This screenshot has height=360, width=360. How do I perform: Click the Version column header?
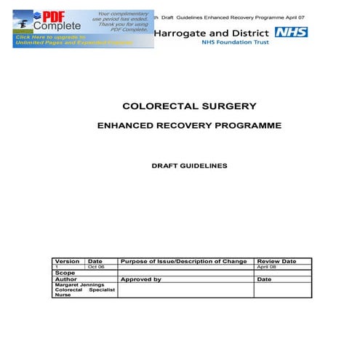point(68,261)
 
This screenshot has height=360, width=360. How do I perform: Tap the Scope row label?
point(65,273)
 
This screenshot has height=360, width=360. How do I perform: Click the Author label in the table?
point(65,279)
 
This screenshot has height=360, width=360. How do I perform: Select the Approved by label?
point(141,279)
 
